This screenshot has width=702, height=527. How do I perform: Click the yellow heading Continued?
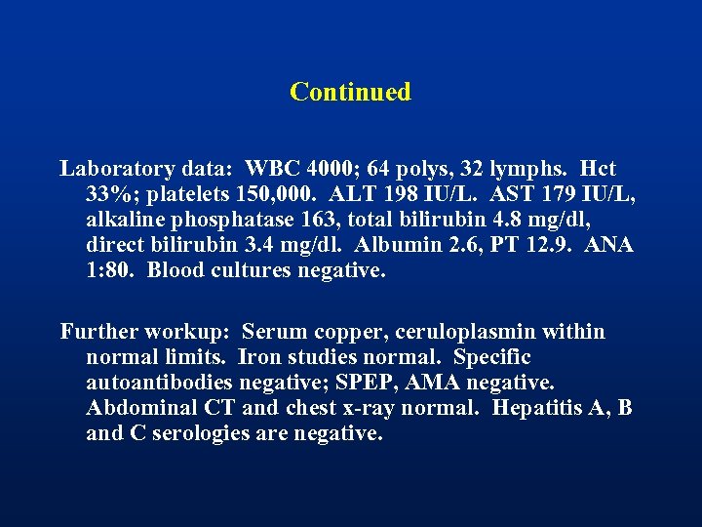click(x=350, y=92)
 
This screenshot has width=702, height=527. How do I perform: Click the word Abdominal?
click(x=136, y=408)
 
